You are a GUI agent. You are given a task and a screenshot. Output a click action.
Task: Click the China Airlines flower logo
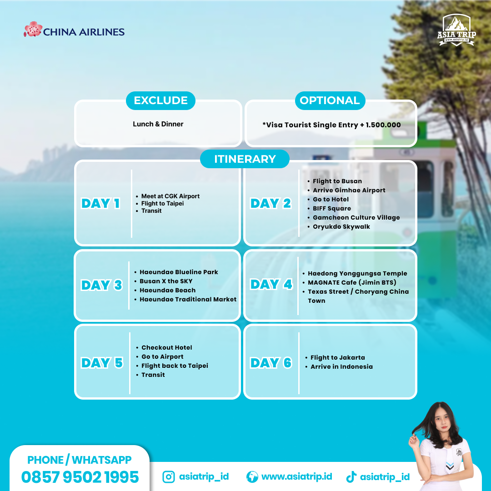[33, 30]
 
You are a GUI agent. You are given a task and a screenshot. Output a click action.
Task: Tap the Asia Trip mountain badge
[458, 30]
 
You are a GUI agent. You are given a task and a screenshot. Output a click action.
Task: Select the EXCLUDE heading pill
[160, 100]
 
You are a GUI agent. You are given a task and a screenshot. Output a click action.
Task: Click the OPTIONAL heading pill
[330, 100]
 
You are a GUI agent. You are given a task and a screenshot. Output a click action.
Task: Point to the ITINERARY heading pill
[245, 159]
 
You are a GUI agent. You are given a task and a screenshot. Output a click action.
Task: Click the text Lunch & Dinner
[158, 124]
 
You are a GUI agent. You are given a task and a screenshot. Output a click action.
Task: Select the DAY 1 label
[100, 204]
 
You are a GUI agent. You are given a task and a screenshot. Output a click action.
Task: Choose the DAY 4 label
[271, 285]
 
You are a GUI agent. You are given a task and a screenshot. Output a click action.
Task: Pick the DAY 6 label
[271, 363]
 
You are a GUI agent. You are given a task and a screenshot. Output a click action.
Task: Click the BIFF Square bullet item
[332, 209]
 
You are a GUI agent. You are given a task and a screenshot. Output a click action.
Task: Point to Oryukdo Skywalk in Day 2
[341, 227]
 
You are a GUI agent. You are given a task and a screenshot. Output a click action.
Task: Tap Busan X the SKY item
[166, 281]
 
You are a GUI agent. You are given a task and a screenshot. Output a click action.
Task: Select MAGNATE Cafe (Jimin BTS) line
[352, 283]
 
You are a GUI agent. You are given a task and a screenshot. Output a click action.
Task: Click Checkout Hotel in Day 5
[166, 348]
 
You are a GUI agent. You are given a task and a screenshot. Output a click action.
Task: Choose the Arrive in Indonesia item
[341, 367]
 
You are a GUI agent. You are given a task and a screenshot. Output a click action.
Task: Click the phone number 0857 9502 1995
[80, 477]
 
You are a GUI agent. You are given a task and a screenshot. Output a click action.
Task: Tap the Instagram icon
[169, 477]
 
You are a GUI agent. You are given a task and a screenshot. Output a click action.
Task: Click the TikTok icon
[351, 477]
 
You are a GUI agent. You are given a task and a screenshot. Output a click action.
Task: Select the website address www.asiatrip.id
[296, 477]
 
